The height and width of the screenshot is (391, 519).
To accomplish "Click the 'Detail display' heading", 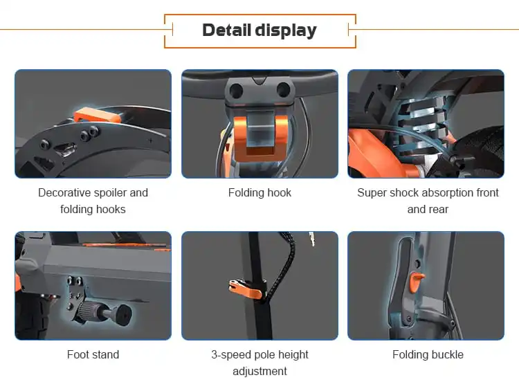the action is tap(259, 30).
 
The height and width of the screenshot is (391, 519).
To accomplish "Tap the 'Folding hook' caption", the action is tap(259, 192).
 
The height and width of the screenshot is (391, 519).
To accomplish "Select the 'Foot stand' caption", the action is tap(93, 354).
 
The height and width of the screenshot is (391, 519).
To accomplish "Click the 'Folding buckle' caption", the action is tap(428, 354).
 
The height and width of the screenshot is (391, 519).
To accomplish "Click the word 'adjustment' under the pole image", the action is tap(259, 371).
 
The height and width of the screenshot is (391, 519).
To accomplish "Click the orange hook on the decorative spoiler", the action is tap(96, 115).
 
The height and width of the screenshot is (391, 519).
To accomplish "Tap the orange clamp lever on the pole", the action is tap(245, 289).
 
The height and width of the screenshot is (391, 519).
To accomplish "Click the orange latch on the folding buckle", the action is tap(416, 282).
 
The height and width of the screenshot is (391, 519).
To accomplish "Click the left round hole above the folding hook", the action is tap(236, 90).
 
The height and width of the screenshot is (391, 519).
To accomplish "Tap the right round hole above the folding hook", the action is tap(283, 90).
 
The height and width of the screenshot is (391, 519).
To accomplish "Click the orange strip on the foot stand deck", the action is tap(126, 246).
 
